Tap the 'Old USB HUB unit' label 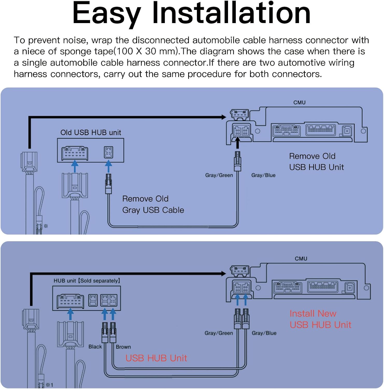pyautogui.click(x=91, y=133)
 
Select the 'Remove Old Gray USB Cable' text pyautogui.click(x=153, y=204)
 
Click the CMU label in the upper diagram pyautogui.click(x=299, y=102)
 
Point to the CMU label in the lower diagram pyautogui.click(x=301, y=259)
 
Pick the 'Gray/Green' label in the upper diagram pyautogui.click(x=219, y=175)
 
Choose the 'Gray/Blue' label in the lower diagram pyautogui.click(x=264, y=333)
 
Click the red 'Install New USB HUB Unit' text pyautogui.click(x=320, y=319)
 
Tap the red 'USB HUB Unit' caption pyautogui.click(x=156, y=358)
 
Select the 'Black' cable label pyautogui.click(x=95, y=347)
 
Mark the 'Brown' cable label pyautogui.click(x=123, y=347)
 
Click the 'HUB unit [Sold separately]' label pyautogui.click(x=87, y=281)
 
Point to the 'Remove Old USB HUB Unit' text pyautogui.click(x=316, y=162)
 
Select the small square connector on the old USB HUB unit pyautogui.click(x=109, y=152)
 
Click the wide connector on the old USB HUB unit pyautogui.click(x=75, y=153)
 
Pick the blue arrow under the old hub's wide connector pyautogui.click(x=75, y=166)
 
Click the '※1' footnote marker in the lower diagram pyautogui.click(x=49, y=385)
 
